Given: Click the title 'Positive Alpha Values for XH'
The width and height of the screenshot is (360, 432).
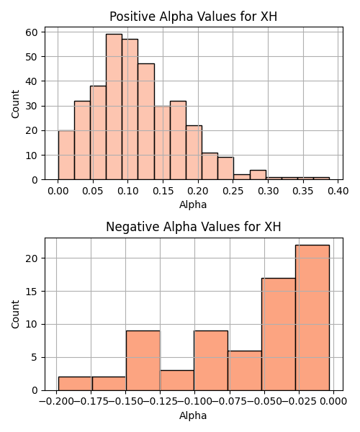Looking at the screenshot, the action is [193, 17].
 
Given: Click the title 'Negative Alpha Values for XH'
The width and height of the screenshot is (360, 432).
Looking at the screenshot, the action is [194, 227].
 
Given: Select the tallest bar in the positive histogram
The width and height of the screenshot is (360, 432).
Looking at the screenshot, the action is [114, 107].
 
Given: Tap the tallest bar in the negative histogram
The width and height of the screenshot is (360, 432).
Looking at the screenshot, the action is [312, 318].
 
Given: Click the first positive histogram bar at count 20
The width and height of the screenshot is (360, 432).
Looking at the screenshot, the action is [66, 155].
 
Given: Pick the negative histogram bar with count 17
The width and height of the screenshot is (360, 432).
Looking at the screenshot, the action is [279, 334].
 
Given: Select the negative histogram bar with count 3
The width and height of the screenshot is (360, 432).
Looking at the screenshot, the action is [177, 380].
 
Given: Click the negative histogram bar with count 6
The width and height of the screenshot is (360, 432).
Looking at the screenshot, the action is [245, 371].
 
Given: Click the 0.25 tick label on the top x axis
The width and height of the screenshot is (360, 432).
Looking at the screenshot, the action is [233, 191].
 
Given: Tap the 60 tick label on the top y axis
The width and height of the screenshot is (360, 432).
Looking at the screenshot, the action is [31, 32].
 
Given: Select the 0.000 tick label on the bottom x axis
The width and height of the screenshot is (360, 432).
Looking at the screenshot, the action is [333, 401].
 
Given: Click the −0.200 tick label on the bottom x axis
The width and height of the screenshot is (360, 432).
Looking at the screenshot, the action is [56, 401].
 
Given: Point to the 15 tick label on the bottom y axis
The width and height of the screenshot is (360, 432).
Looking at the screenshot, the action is [31, 291].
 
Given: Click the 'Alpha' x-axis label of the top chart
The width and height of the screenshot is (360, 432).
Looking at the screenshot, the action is [193, 204].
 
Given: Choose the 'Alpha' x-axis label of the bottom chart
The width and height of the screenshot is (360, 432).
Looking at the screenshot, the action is [193, 415].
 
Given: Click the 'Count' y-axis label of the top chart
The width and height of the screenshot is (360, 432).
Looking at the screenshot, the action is [15, 104].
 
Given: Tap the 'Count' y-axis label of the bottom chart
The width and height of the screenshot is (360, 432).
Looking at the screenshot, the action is [15, 314].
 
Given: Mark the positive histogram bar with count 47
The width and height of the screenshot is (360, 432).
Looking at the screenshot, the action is [146, 122].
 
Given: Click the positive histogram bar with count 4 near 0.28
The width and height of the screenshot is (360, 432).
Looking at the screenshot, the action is [258, 175].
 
